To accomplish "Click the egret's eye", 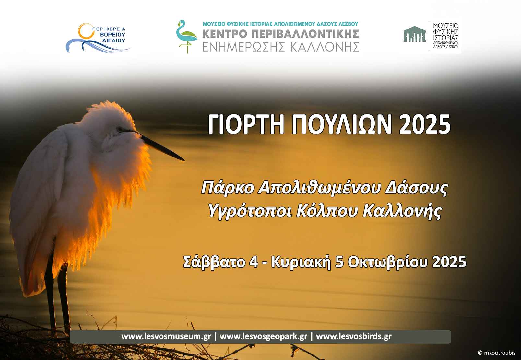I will point(120,129).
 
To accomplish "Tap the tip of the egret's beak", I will point(184,160).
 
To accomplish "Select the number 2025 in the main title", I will point(424,124).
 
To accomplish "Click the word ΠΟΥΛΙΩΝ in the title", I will point(342,124).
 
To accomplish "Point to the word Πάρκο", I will point(228,188).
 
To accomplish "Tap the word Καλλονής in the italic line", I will point(402,211).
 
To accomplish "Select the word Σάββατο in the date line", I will point(214,262).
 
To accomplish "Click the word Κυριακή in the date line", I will point(301,262).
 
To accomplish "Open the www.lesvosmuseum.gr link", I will point(166,336).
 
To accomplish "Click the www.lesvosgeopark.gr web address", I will point(263,336).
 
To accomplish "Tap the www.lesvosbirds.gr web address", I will point(354,336).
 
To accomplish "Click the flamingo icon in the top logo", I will point(186,36).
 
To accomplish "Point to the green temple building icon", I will point(414,34).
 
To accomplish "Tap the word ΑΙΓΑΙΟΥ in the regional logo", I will point(113,41).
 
